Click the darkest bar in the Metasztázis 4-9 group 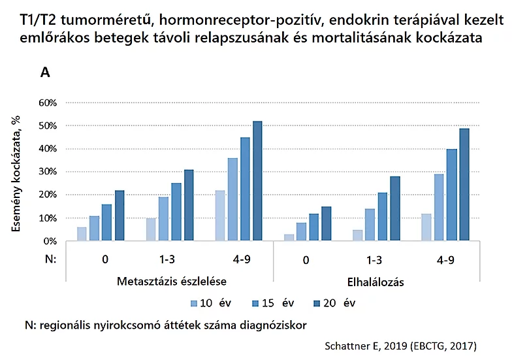(x=257, y=181)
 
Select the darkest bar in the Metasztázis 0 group (x=120, y=216)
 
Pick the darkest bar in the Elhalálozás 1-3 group (x=394, y=208)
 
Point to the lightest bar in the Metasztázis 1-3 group (x=150, y=229)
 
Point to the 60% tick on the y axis (x=49, y=103)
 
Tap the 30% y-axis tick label (x=49, y=172)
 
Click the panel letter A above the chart (x=45, y=73)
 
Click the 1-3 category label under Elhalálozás (x=374, y=259)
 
